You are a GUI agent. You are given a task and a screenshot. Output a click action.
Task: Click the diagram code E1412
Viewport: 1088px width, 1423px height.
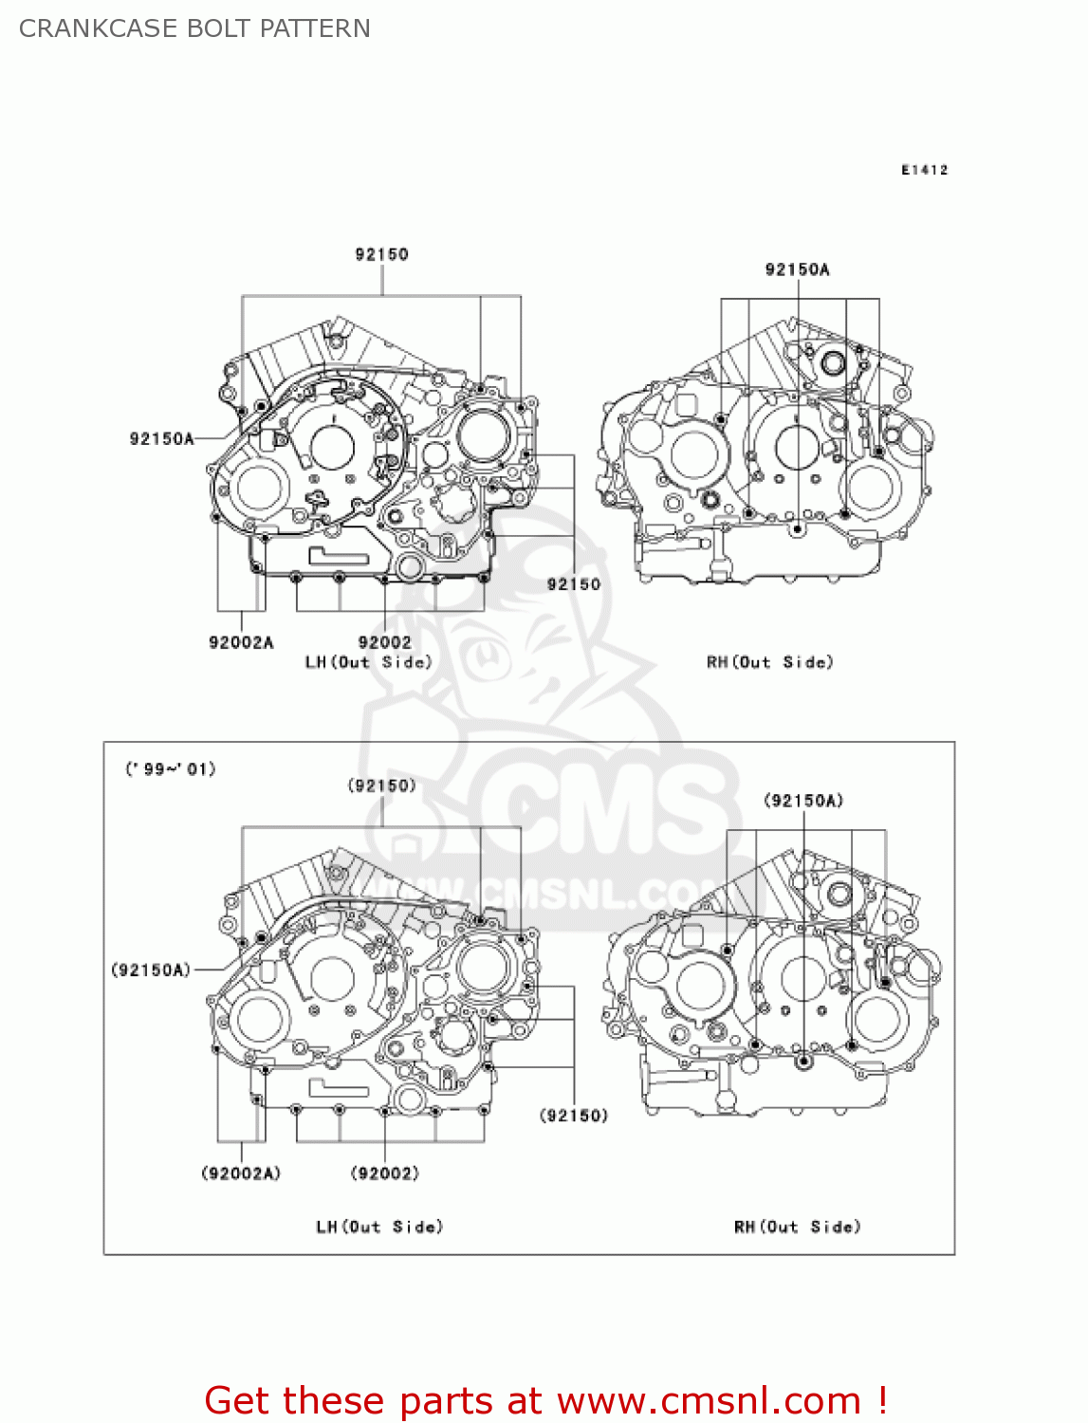pyautogui.click(x=924, y=170)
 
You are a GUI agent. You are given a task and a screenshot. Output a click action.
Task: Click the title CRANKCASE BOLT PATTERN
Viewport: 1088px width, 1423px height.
pyautogui.click(x=194, y=28)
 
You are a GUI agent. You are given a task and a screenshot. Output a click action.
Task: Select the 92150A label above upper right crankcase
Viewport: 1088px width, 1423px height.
pyautogui.click(x=797, y=269)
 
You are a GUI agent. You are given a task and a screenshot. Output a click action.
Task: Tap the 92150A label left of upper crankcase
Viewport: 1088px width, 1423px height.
pyautogui.click(x=161, y=438)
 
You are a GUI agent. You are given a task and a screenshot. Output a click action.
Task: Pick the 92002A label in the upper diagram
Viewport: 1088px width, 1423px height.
pyautogui.click(x=241, y=642)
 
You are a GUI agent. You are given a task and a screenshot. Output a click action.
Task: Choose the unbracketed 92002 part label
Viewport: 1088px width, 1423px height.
pyautogui.click(x=384, y=642)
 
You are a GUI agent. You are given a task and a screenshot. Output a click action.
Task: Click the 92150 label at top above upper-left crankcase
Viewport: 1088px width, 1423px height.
pyautogui.click(x=381, y=254)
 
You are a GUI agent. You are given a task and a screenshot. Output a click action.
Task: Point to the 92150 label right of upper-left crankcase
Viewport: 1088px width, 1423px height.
pyautogui.click(x=573, y=584)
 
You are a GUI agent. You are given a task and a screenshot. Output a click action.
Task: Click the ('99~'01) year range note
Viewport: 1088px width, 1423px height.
pyautogui.click(x=171, y=768)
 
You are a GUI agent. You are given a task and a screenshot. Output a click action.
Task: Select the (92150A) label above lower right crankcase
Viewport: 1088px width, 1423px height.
pyautogui.click(x=802, y=801)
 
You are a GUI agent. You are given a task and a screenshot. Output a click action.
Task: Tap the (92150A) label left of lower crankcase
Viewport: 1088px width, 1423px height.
pyautogui.click(x=152, y=970)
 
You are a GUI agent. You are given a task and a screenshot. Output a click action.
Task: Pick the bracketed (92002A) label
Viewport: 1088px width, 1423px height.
pyautogui.click(x=241, y=1174)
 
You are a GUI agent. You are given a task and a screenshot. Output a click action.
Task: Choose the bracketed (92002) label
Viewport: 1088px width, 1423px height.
pyautogui.click(x=384, y=1174)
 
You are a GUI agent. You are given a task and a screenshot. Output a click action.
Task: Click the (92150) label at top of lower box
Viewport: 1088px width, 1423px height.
pyautogui.click(x=381, y=785)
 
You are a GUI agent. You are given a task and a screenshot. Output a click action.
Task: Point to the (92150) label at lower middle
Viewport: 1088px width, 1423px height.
pyautogui.click(x=573, y=1116)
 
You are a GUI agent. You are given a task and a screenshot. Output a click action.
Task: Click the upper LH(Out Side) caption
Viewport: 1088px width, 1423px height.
pyautogui.click(x=368, y=662)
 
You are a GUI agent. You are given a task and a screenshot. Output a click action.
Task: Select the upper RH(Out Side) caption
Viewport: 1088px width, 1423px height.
pyautogui.click(x=769, y=662)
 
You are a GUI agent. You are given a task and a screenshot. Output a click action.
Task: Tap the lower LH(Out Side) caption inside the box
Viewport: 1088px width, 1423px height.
pyautogui.click(x=379, y=1227)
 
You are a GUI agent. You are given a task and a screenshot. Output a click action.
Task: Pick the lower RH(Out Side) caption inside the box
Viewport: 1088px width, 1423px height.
pyautogui.click(x=797, y=1227)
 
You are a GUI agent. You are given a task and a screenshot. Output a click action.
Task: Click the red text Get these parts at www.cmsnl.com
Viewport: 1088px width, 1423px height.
pyautogui.click(x=545, y=1401)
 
